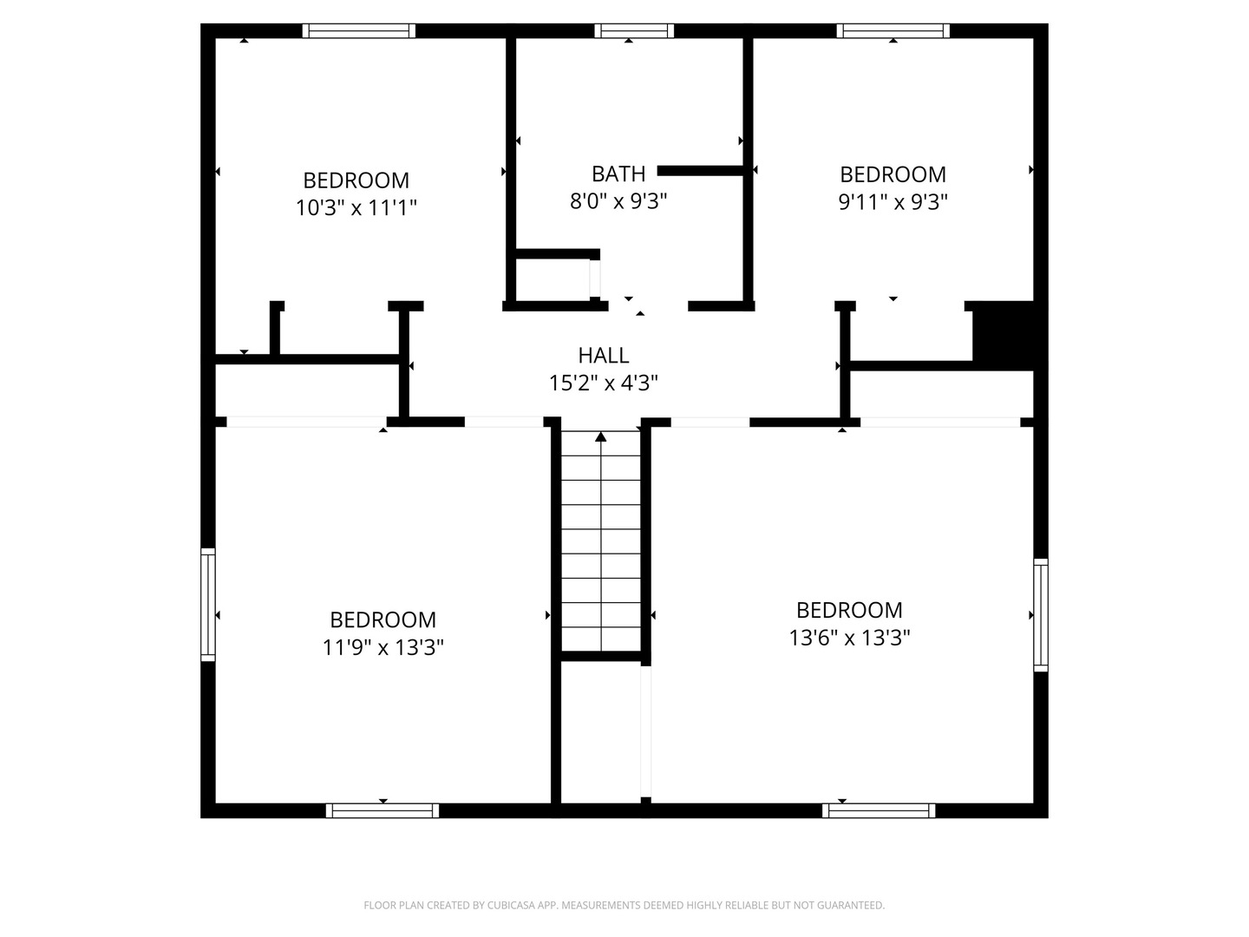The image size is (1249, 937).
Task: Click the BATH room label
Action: click(x=618, y=174)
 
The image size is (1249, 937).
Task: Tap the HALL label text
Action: click(x=603, y=355)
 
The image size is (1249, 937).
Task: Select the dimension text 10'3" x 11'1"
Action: click(x=356, y=207)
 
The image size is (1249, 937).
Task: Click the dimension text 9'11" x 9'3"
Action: click(x=893, y=201)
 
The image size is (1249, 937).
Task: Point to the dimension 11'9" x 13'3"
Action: click(x=383, y=647)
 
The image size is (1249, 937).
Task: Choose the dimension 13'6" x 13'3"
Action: click(x=849, y=637)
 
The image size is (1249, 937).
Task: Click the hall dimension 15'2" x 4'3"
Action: click(x=603, y=383)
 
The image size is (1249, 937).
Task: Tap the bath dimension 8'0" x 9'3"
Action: click(x=618, y=200)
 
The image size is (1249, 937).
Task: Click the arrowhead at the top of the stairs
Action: click(x=601, y=437)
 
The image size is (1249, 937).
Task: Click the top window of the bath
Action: click(x=634, y=30)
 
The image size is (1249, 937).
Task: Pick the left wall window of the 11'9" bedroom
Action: click(x=208, y=604)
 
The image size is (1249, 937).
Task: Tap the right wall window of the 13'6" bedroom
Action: click(x=1040, y=615)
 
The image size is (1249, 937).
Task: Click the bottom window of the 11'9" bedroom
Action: click(x=383, y=810)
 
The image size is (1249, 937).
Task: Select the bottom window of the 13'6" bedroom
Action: click(x=879, y=810)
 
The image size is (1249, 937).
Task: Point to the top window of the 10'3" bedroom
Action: click(x=358, y=30)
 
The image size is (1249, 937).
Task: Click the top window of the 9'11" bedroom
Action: click(x=893, y=30)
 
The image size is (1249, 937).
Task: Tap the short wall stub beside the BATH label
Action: click(x=701, y=171)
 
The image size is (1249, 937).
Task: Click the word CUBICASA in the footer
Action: click(x=510, y=905)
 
